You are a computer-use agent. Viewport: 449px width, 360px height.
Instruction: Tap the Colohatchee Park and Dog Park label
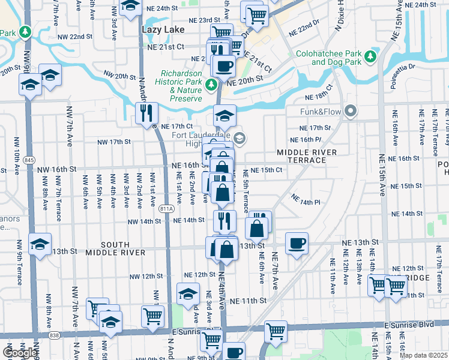tap(328, 58)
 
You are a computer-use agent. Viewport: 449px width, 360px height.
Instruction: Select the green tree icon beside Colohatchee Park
tap(370, 57)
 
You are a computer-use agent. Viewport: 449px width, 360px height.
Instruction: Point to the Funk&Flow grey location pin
tap(351, 112)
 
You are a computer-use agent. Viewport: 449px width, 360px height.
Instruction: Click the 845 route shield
tap(29, 160)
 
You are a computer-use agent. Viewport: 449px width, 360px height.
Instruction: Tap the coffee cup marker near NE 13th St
tap(297, 243)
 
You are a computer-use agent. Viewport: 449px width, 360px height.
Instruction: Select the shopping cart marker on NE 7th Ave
tap(276, 331)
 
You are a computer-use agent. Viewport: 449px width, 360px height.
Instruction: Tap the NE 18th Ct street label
tap(318, 97)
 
